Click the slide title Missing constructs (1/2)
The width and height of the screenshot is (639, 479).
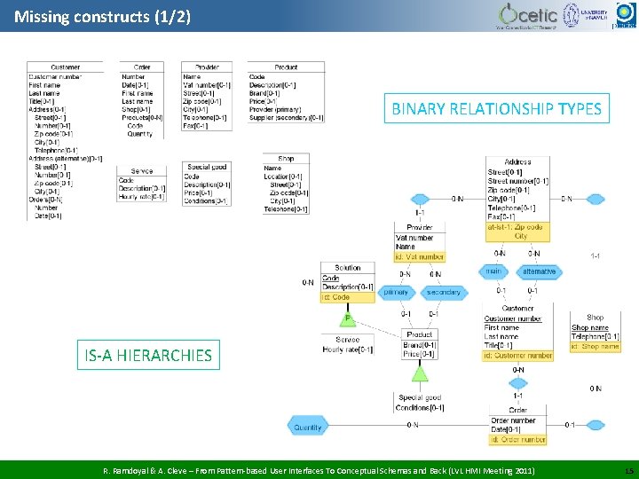102,16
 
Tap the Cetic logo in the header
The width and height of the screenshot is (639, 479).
528,15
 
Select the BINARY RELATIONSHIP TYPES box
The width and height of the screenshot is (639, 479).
496,109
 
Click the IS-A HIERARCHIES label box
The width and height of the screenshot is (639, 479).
148,356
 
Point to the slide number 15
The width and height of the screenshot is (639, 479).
628,468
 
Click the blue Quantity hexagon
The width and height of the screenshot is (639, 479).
307,427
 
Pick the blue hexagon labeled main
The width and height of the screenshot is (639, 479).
493,271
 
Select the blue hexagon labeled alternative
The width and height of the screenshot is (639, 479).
539,271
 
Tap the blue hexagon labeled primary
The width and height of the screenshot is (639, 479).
396,292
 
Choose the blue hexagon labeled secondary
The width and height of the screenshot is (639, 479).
444,292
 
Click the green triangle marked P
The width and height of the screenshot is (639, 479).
348,318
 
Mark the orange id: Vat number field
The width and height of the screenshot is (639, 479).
420,257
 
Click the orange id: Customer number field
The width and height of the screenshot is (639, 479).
517,356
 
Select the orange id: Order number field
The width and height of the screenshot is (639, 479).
517,439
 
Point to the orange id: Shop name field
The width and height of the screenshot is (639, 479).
596,347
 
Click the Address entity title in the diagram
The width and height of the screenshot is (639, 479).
517,162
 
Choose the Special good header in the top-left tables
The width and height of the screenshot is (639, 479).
207,167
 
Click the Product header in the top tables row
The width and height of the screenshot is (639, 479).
286,67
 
